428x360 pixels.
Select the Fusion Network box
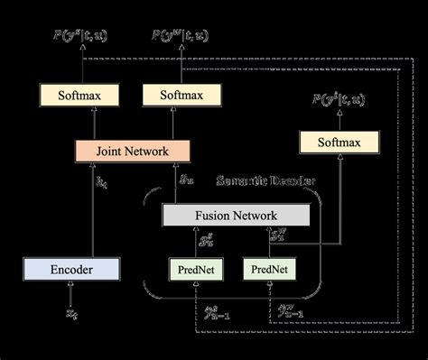tap(234, 216)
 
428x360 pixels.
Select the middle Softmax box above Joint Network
tap(181, 94)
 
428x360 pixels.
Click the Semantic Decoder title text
tap(266, 181)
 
